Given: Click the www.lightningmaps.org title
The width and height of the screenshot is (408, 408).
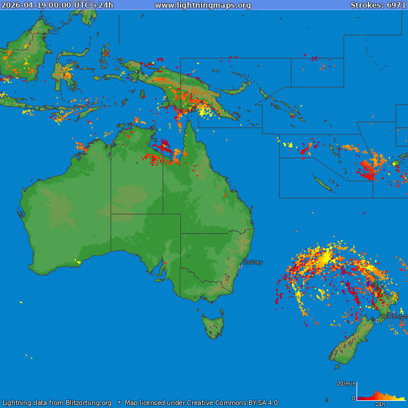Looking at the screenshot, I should click(x=203, y=5).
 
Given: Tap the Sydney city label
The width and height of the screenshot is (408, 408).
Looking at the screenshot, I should click(x=253, y=262).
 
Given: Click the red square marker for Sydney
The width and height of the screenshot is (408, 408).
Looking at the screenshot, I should click(x=240, y=267).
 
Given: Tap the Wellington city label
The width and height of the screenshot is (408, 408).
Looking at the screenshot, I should click(x=394, y=316).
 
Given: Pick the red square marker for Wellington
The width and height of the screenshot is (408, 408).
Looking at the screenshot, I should click(x=377, y=321).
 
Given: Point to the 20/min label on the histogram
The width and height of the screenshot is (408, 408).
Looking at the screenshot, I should click(x=346, y=384).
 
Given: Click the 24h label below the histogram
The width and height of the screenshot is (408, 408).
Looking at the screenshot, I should click(x=380, y=404).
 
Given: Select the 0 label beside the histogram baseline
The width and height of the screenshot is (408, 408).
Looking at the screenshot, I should click(x=354, y=399).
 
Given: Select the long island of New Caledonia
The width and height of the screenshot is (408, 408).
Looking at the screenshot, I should click(x=323, y=185).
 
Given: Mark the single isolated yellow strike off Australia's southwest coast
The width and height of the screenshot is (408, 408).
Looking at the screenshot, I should click(x=21, y=302).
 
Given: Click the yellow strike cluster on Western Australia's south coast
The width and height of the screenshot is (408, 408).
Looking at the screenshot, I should click(x=78, y=262).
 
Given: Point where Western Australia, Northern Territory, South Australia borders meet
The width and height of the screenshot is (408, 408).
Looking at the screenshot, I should click(x=111, y=214).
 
